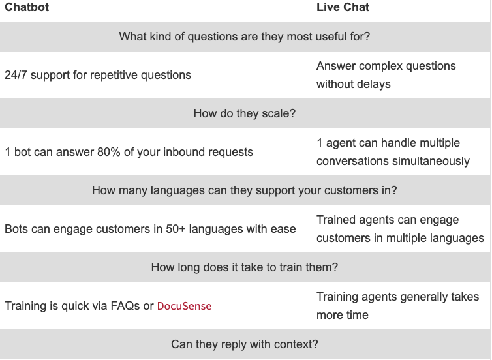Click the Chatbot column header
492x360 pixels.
[27, 7]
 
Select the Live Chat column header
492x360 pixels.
[343, 7]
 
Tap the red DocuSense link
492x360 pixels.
[184, 306]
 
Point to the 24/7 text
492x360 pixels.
[16, 75]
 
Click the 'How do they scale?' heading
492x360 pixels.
[245, 113]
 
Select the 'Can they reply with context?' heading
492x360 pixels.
[245, 344]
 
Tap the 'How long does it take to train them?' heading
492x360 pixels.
[245, 267]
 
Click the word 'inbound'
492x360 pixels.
[187, 152]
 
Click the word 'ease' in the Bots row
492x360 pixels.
[284, 229]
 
